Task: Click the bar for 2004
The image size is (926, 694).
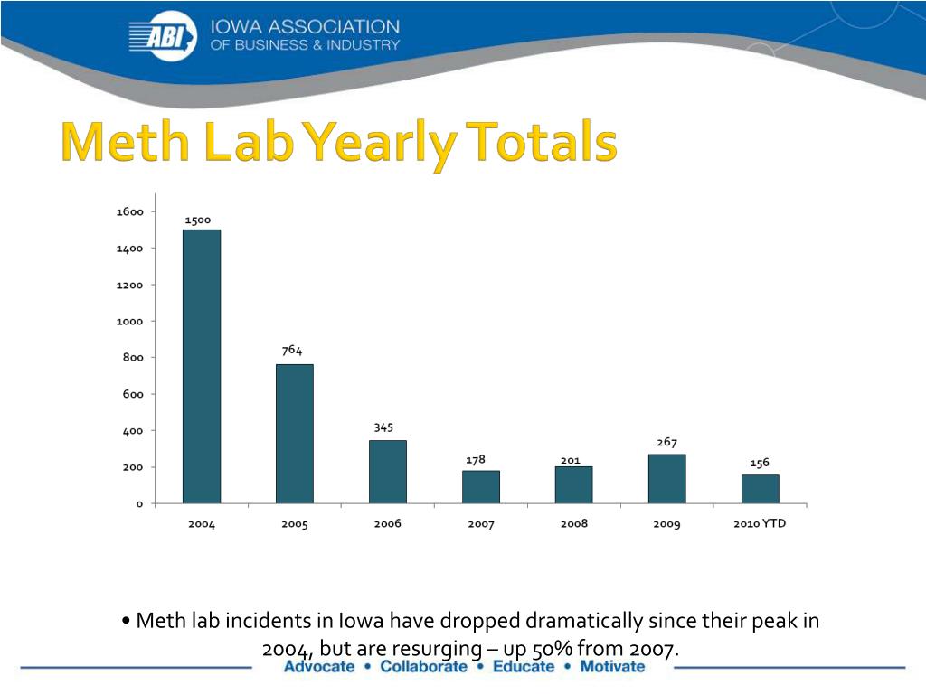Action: [202, 366]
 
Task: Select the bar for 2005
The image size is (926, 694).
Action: [295, 433]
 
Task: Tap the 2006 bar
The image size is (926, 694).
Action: [388, 471]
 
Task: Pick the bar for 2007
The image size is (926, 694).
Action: [481, 486]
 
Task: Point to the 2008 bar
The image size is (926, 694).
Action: [574, 484]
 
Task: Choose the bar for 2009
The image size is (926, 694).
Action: [667, 478]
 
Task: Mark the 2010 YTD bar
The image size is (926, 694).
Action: [761, 489]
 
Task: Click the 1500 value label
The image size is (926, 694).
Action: [198, 220]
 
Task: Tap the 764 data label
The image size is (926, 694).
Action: [291, 351]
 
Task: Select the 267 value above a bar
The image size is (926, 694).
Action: [667, 442]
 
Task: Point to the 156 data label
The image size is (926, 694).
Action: [760, 463]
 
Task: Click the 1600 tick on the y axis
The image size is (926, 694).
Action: [130, 211]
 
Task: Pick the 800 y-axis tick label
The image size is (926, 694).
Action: [134, 358]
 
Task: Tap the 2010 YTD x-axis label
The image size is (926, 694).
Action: [760, 523]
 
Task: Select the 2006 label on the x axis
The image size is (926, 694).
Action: [388, 524]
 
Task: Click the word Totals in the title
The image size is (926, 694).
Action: [543, 144]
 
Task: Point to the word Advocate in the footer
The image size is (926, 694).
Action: [318, 667]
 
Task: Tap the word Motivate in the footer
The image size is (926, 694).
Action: [612, 667]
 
